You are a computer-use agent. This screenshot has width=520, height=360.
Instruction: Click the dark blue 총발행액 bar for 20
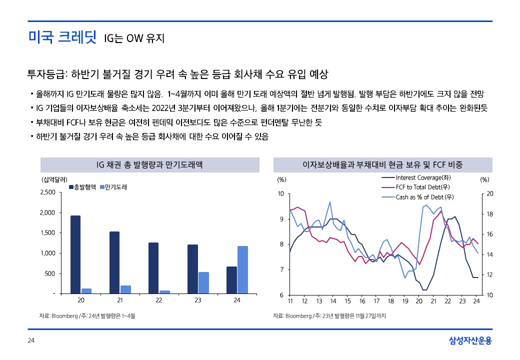click(75, 254)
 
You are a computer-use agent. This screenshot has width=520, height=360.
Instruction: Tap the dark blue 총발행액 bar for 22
click(153, 268)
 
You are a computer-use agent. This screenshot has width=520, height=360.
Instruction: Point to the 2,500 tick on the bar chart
click(47, 192)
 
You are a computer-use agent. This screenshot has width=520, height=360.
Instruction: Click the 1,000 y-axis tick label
click(48, 253)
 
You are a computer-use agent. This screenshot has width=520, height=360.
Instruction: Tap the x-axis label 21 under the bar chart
click(120, 300)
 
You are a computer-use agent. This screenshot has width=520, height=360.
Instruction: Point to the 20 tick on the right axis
click(489, 194)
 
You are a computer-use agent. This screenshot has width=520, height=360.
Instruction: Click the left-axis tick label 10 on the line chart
click(280, 194)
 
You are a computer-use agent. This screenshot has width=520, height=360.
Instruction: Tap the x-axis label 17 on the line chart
click(376, 301)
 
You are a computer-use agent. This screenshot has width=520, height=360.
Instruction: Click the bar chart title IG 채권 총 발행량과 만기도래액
click(149, 165)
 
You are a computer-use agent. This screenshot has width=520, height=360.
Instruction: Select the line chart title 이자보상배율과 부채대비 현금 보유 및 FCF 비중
click(383, 165)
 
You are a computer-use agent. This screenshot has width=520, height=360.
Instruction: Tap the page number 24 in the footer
click(31, 340)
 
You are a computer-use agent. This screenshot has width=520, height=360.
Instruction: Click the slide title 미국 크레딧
click(62, 37)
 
